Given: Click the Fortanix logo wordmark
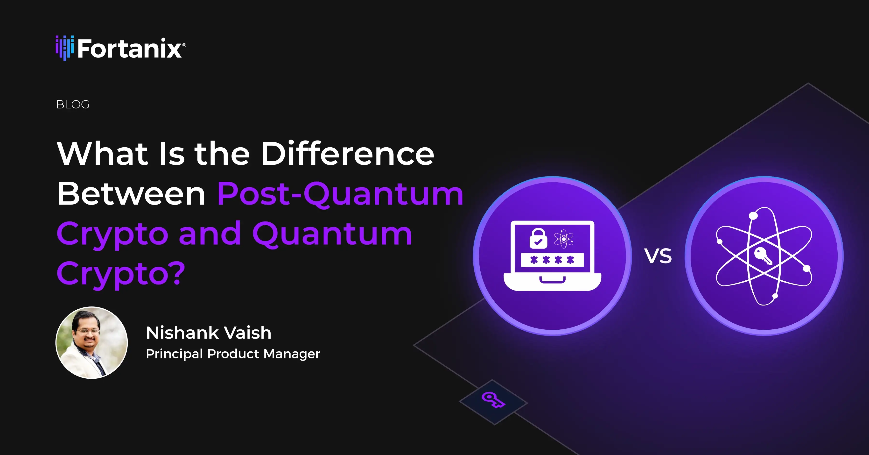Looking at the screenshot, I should [130, 49].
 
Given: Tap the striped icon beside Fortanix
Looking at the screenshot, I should [64, 48].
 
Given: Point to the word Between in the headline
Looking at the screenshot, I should [131, 194].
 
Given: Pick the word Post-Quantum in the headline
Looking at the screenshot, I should [340, 194].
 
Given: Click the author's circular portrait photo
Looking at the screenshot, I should [91, 343].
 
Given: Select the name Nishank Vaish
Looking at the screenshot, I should [209, 333].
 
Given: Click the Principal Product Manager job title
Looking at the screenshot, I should [233, 354].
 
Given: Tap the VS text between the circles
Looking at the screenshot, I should [658, 256].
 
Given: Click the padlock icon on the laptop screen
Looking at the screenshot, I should [538, 238].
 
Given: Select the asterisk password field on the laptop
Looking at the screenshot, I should [552, 260].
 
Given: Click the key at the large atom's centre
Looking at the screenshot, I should [763, 256].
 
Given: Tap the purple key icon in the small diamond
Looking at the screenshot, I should [493, 400].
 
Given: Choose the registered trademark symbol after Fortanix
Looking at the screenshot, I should [184, 45].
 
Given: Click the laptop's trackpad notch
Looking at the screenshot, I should [552, 280].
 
